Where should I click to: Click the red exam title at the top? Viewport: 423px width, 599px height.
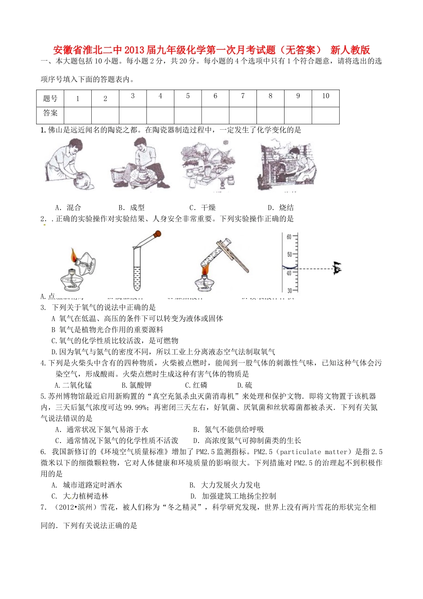[x=211, y=49]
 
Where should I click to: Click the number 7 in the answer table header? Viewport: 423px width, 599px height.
[x=243, y=96]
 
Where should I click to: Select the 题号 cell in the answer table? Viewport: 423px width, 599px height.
[x=50, y=98]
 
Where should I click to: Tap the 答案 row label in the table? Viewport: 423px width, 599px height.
[x=50, y=114]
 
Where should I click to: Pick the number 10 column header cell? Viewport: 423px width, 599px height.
[x=325, y=96]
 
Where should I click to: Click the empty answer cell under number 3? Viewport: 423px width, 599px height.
[x=133, y=115]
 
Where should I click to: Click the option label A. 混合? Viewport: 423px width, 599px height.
[x=68, y=207]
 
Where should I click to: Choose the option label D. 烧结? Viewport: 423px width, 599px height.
[x=281, y=207]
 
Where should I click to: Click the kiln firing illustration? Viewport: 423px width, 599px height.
[x=286, y=165]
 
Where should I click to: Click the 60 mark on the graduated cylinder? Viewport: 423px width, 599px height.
[x=289, y=237]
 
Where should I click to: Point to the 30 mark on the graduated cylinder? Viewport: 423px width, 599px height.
[x=289, y=291]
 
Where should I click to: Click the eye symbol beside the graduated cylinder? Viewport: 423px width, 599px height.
[x=336, y=268]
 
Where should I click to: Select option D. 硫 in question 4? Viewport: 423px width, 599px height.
[x=244, y=385]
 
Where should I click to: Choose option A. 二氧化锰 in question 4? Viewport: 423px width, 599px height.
[x=73, y=385]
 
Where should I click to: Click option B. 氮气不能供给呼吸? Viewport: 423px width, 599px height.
[x=228, y=429]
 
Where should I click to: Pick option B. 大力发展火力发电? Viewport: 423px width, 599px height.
[x=225, y=485]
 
